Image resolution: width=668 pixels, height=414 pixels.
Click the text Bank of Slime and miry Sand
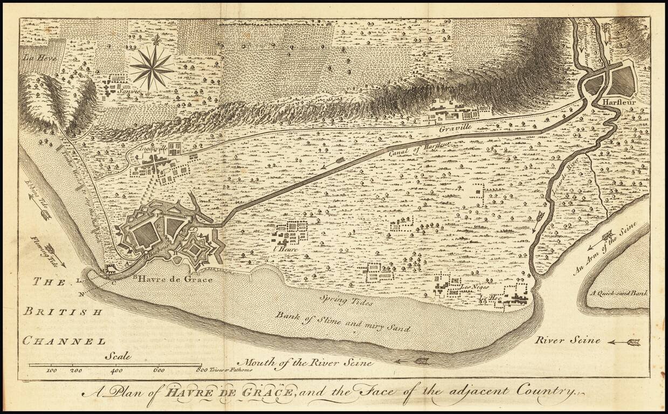coord(343,322)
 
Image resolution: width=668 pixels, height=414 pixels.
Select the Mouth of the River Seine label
coord(308,363)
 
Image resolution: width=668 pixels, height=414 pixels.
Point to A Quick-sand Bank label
coord(618,294)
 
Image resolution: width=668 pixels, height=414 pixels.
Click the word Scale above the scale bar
coord(118,356)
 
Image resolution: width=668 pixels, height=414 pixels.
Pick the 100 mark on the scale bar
coord(52,371)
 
